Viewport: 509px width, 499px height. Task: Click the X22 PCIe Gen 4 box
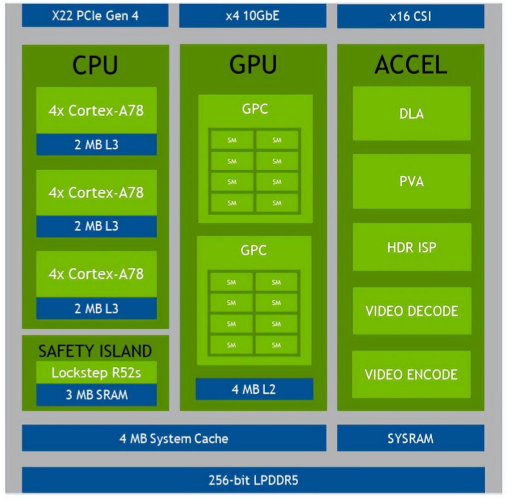coord(95,15)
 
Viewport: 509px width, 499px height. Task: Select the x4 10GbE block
coord(252,15)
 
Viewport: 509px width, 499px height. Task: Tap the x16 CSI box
coord(410,15)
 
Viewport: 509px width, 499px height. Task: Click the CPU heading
coord(95,65)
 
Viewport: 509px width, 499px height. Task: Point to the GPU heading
coord(253,65)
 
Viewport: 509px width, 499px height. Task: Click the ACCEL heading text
coord(410,65)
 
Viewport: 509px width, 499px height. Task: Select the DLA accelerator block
coord(411,114)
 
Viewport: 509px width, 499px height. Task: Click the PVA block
coord(411,181)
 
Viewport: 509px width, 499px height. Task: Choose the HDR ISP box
coord(411,247)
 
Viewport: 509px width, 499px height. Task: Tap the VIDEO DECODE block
coord(411,311)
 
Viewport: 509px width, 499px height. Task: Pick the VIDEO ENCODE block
coord(411,374)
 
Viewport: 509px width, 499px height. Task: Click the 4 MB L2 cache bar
coord(254,389)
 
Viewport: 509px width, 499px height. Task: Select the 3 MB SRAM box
coord(96,395)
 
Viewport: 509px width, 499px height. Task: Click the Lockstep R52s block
coord(96,372)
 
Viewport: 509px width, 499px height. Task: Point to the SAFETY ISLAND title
coord(95,351)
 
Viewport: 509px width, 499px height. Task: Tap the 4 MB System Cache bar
coord(174,438)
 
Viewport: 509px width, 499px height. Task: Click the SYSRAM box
coord(410,438)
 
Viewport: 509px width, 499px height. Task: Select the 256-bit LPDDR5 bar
coord(253,480)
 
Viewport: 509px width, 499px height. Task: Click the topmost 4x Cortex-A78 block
coord(96,110)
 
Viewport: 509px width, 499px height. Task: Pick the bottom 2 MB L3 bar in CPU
coord(96,308)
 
